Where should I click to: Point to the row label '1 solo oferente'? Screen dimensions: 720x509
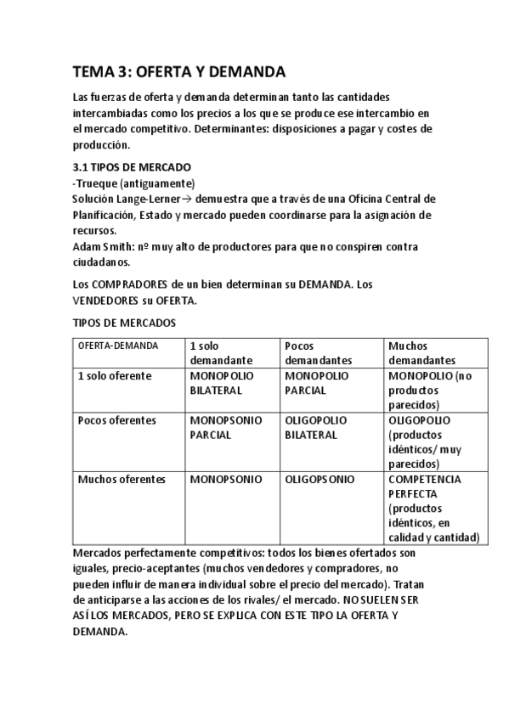pyautogui.click(x=115, y=375)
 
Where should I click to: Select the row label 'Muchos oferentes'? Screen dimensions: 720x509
pyautogui.click(x=120, y=479)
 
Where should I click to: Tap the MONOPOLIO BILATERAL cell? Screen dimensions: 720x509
pyautogui.click(x=216, y=383)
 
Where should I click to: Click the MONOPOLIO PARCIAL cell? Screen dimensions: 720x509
pyautogui.click(x=316, y=383)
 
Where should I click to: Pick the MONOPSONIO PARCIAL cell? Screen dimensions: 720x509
pyautogui.click(x=225, y=427)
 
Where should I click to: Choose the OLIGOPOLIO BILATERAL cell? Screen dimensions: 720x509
pyautogui.click(x=316, y=427)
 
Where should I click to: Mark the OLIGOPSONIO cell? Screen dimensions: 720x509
pyautogui.click(x=320, y=479)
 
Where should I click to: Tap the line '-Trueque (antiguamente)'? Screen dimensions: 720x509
pyautogui.click(x=133, y=183)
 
